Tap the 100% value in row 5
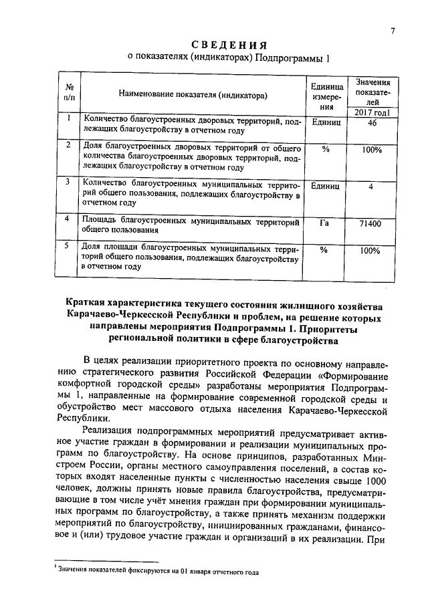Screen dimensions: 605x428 [370, 251]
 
